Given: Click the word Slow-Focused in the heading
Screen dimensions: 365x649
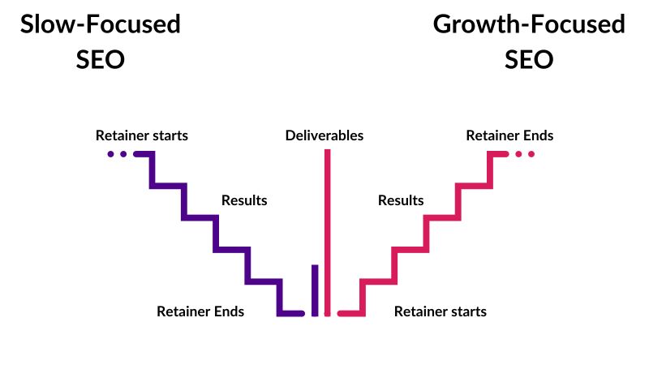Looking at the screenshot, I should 101,25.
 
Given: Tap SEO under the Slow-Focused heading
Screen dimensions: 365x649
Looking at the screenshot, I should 101,60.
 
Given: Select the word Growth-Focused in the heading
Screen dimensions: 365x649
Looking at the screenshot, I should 529,25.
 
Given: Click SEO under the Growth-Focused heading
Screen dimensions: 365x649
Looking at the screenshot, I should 529,60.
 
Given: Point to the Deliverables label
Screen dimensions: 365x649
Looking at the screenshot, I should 324,135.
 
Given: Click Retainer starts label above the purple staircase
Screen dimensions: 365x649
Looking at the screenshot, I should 142,135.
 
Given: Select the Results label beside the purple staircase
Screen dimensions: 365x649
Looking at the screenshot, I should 244,200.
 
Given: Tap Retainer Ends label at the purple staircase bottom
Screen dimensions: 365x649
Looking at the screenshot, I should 200,311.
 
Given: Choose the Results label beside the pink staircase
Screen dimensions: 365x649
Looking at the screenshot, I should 401,200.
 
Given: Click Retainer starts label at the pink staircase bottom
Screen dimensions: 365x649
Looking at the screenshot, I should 441,311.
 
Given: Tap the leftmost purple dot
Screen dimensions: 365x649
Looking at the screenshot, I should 110,153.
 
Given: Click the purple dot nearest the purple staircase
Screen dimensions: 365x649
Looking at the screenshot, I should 123,153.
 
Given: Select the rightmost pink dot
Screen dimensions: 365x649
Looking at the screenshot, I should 531,153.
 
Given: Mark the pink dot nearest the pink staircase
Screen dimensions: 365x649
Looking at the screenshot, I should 518,153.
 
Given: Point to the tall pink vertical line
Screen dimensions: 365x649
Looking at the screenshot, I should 328,231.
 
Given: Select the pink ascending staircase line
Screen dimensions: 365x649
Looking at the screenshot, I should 428,234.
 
